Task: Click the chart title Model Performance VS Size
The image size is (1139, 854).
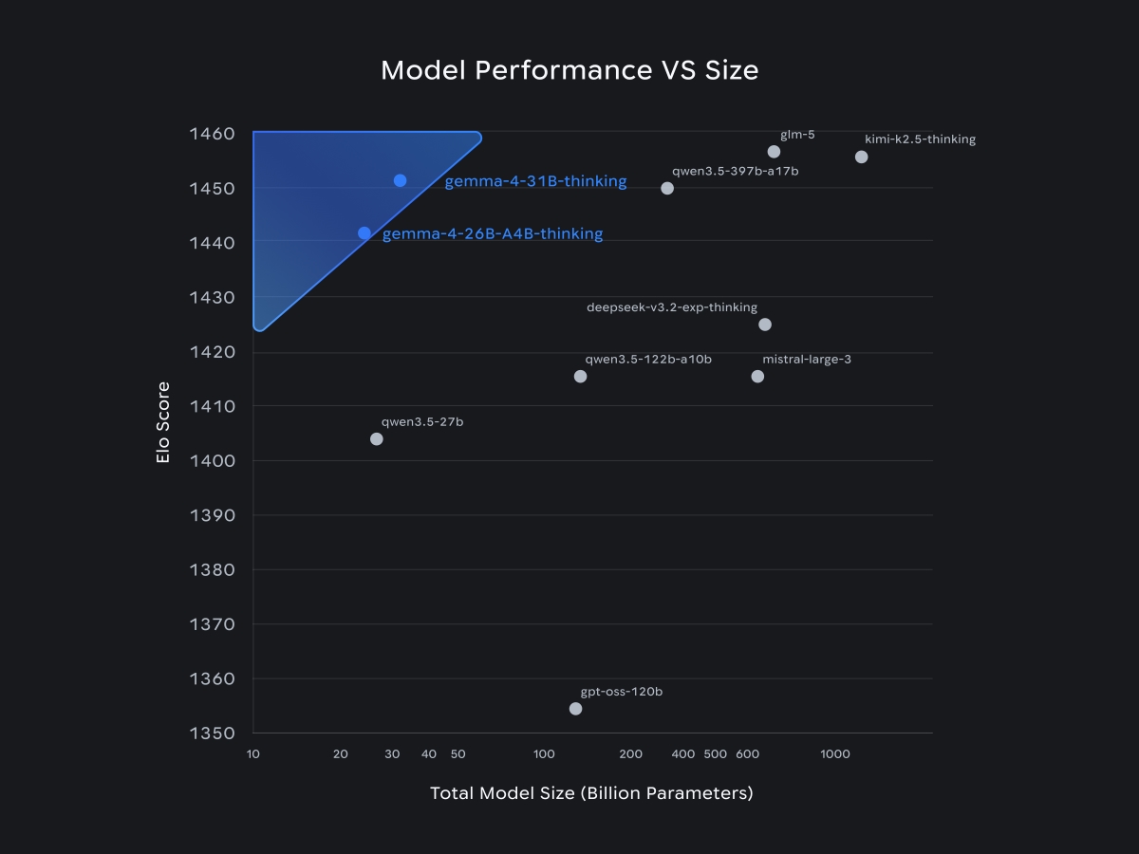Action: pos(569,70)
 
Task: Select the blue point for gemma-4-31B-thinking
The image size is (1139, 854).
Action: pos(400,180)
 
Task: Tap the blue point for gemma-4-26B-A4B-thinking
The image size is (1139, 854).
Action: pos(364,232)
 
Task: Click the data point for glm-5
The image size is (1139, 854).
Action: pos(774,152)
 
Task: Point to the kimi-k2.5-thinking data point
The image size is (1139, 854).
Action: pos(861,157)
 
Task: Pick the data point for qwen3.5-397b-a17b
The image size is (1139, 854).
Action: pos(667,188)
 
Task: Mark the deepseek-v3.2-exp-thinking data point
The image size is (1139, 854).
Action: pos(765,325)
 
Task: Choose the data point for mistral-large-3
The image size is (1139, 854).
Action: pos(757,377)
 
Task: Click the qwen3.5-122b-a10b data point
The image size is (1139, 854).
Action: pos(581,377)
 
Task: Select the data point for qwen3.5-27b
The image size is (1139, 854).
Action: pos(377,438)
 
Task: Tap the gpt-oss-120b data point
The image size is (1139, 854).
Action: pos(575,709)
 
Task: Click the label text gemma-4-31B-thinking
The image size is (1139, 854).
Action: pos(535,181)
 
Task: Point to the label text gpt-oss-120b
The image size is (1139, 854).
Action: pos(622,692)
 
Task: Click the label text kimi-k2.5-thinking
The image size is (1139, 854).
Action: pos(920,139)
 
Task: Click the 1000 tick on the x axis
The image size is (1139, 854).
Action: pos(835,754)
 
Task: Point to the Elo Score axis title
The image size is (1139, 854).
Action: pos(163,422)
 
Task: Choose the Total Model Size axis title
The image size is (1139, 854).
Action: pos(591,793)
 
